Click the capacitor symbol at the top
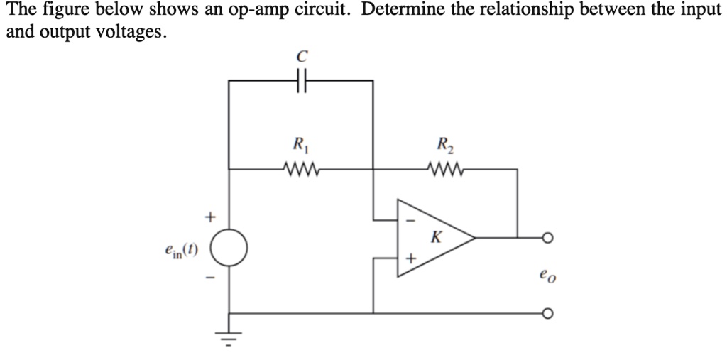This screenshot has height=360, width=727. [302, 80]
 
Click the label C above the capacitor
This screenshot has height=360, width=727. [302, 56]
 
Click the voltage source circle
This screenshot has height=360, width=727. [229, 249]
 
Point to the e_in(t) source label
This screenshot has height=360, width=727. [182, 250]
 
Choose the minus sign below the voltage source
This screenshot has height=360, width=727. [209, 283]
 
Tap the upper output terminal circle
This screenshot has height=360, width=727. [547, 238]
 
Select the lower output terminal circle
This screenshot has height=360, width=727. [547, 313]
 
